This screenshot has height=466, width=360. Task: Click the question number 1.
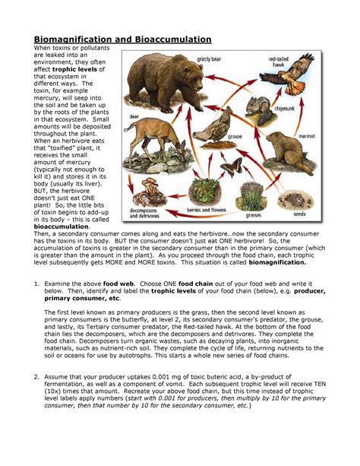[36, 283]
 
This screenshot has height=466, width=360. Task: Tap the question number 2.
[36, 397]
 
